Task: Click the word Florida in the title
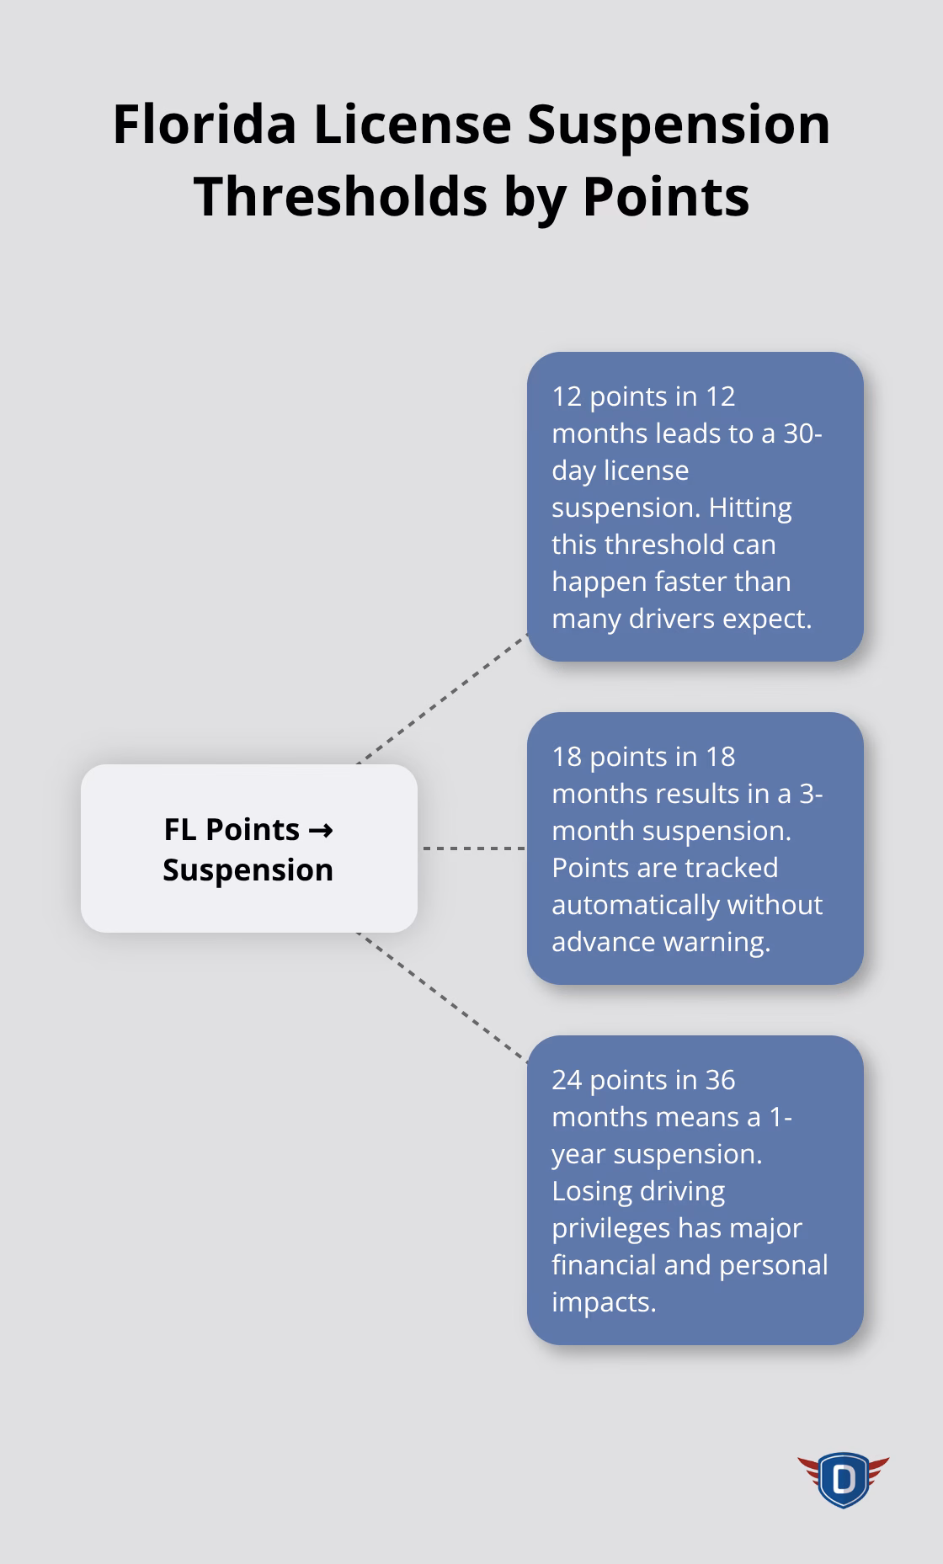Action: tap(205, 125)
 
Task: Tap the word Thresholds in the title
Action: tap(340, 196)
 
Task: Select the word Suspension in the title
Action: tap(679, 125)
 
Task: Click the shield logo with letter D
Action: tap(843, 1479)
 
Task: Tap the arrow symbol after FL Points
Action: tap(320, 830)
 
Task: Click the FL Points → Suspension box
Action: tap(248, 848)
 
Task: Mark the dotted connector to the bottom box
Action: tap(442, 997)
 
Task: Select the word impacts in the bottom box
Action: tap(603, 1301)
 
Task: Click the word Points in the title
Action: tap(665, 196)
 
